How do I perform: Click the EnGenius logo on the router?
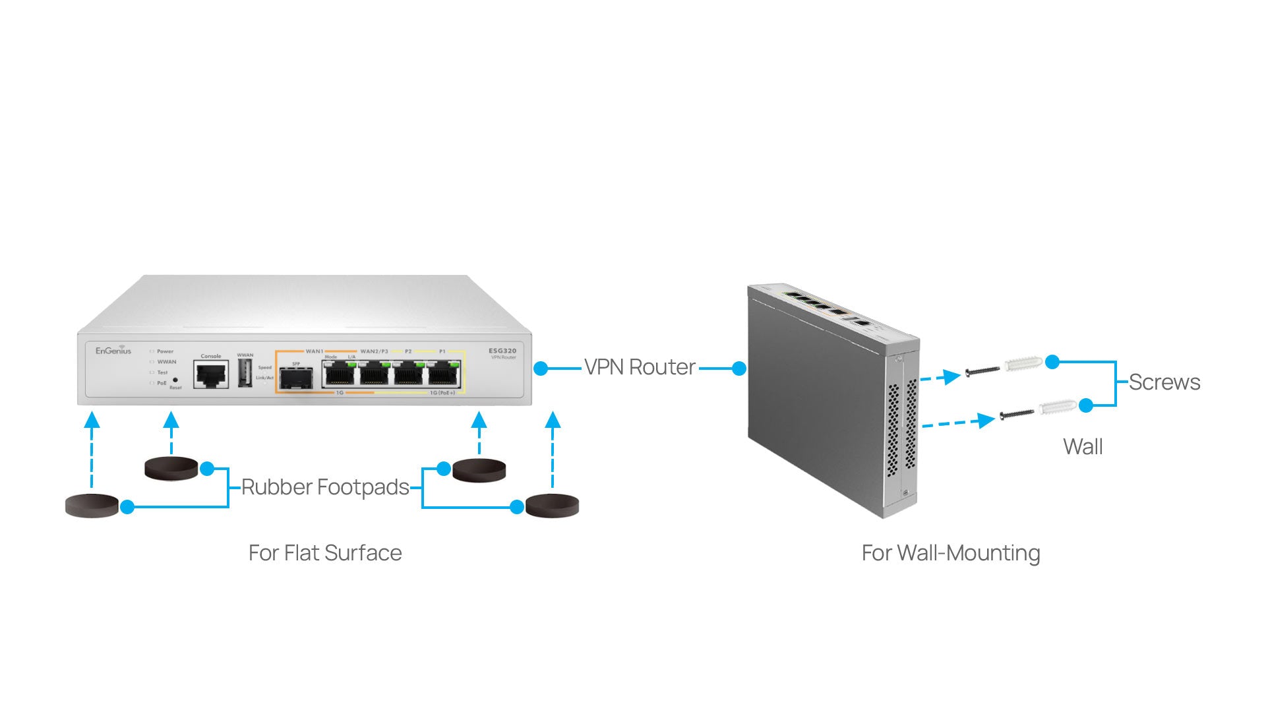(x=113, y=351)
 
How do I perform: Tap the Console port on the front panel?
(x=211, y=375)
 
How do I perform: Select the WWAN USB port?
(x=245, y=373)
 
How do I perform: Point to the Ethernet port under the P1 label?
(x=444, y=374)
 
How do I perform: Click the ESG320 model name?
(x=502, y=351)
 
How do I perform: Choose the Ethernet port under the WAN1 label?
(x=339, y=374)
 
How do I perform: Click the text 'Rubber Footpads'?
(x=325, y=487)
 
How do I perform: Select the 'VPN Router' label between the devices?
(x=640, y=367)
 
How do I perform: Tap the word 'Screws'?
(x=1164, y=382)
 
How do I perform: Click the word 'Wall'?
(x=1083, y=447)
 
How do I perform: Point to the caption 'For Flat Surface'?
(x=325, y=552)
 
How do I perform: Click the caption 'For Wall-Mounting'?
(x=950, y=552)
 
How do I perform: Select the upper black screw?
(x=982, y=372)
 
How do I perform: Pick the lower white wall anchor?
(x=1058, y=407)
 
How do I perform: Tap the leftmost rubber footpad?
(x=92, y=506)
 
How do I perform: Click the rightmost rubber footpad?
(x=552, y=506)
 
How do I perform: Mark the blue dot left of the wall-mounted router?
(x=739, y=368)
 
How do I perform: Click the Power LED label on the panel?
(x=165, y=351)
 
